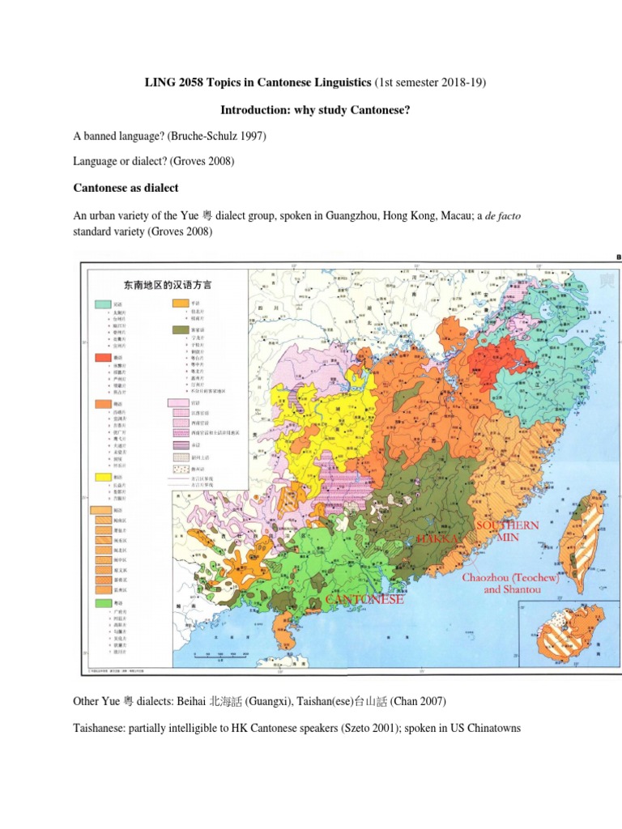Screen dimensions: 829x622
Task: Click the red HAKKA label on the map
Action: point(438,538)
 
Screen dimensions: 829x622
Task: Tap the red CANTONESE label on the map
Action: point(364,600)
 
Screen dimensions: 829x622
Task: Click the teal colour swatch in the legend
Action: point(103,304)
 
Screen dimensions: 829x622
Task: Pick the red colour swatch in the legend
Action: point(103,357)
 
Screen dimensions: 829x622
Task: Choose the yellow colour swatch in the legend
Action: point(103,478)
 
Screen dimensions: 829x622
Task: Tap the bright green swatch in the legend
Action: point(103,603)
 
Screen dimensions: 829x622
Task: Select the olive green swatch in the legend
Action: point(181,330)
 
